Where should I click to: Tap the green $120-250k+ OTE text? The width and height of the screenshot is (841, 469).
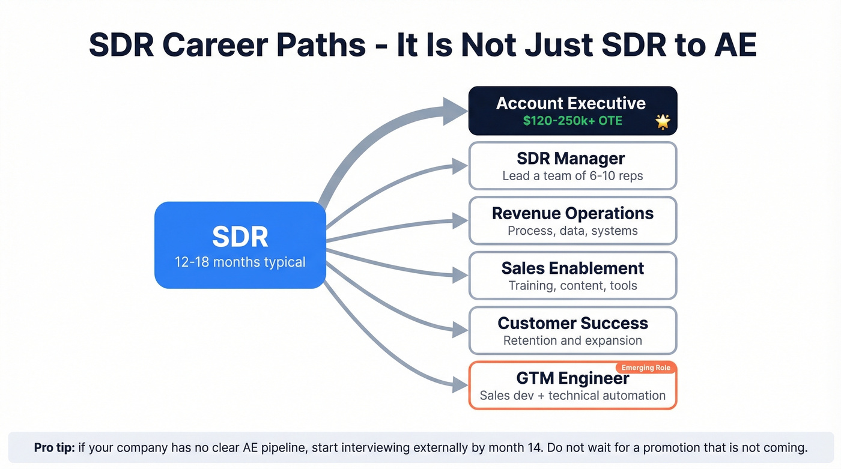572,121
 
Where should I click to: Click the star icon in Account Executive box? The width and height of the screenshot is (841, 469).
663,122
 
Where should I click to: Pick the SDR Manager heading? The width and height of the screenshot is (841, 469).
571,159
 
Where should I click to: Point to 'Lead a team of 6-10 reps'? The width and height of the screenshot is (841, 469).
572,176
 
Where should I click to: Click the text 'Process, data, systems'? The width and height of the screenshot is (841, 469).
572,231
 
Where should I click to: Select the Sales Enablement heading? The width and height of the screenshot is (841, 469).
572,268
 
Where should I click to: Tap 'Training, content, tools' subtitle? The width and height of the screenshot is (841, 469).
572,286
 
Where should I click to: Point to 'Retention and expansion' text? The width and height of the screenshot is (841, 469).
572,340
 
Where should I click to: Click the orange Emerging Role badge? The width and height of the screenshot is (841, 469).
646,368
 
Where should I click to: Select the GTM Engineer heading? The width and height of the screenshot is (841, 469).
572,378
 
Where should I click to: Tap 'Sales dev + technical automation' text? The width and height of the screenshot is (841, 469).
572,396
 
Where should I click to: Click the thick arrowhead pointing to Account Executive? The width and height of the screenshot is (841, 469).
455,111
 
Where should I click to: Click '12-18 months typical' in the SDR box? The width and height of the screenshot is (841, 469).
240,262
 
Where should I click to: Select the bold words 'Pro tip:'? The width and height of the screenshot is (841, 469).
53,448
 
